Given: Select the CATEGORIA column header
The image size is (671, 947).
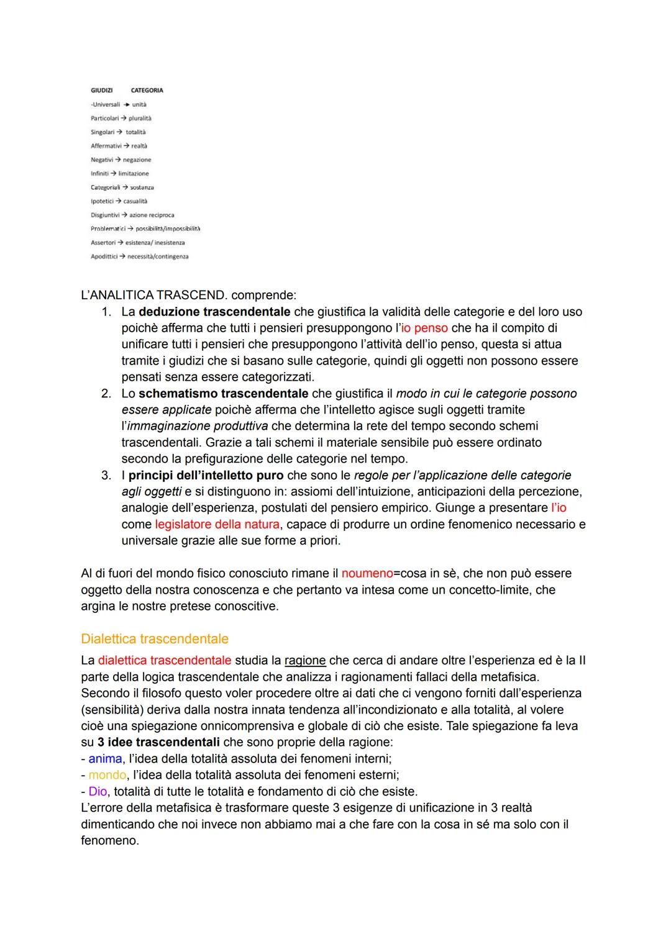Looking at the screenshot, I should click(x=147, y=90).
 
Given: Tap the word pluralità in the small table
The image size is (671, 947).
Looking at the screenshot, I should click(x=140, y=118).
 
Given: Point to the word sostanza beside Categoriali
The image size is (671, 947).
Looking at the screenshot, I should click(x=142, y=188).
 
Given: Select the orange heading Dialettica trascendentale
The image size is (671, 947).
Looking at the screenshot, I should click(x=155, y=639).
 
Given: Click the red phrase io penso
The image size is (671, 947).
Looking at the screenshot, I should click(x=424, y=328).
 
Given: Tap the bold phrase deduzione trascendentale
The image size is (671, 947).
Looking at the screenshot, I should click(x=214, y=312).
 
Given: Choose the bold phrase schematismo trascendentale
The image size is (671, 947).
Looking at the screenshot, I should click(x=223, y=394).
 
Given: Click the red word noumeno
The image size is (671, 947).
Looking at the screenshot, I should click(x=367, y=573).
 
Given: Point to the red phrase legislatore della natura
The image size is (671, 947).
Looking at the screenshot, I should click(x=217, y=524).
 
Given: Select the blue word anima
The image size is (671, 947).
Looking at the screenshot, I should click(x=105, y=758).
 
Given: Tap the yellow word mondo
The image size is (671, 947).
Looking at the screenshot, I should click(x=107, y=775).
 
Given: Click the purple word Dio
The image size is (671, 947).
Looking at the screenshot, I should click(x=98, y=791).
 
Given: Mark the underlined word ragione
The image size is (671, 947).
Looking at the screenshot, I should click(x=305, y=660).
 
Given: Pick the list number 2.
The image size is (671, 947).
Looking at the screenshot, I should click(x=106, y=394).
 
